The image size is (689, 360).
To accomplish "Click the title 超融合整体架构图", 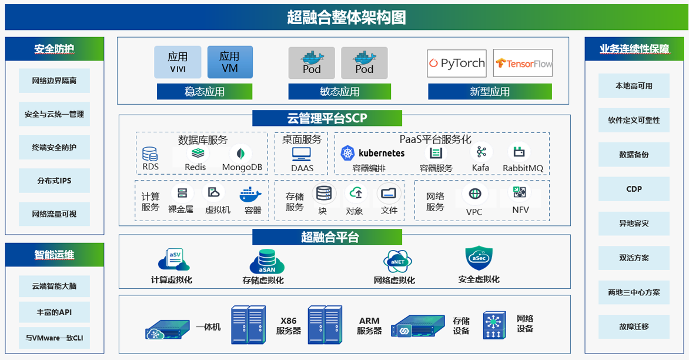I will coord(346,17).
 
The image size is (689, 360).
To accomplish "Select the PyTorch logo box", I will coord(457,63).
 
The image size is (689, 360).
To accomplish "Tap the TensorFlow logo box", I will coord(523,63).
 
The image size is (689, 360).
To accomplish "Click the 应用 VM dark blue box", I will coord(230,62).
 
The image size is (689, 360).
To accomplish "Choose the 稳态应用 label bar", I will coord(204,92).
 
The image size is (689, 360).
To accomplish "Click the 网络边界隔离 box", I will coord(54,81).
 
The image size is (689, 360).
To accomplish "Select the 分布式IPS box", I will coord(54,181).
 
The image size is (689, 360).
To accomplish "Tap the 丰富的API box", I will coord(54,312).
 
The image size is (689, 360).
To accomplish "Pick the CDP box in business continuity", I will coord(634,189).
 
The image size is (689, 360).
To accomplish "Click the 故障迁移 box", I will coord(634,326).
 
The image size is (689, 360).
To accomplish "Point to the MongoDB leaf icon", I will coord(241,154).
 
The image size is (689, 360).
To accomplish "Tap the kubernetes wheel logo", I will coord(348,153).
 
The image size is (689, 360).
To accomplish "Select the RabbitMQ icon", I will coord(519,152).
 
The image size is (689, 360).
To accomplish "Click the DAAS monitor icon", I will coord(302,154).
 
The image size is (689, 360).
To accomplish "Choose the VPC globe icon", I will coord(474,194).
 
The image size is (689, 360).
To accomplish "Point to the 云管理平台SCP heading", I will coord(327,118).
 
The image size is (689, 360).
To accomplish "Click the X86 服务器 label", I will coord(288,326).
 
